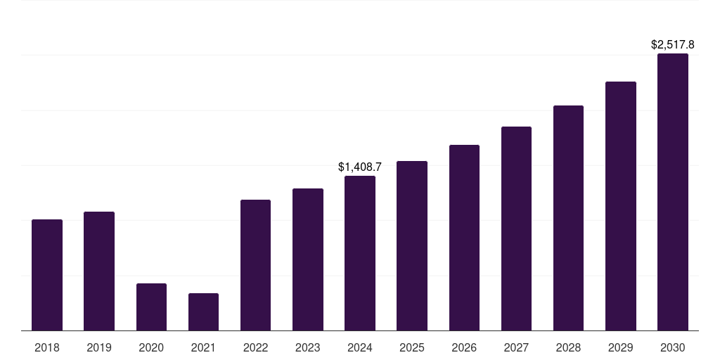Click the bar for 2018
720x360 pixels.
pyautogui.click(x=47, y=275)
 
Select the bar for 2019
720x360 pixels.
pyautogui.click(x=99, y=271)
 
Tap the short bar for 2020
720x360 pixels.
pyautogui.click(x=152, y=307)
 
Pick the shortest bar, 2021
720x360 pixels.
pyautogui.click(x=203, y=311)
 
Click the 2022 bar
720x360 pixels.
pyautogui.click(x=255, y=265)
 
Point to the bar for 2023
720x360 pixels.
pyautogui.click(x=308, y=259)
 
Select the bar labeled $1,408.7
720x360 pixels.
pyautogui.click(x=360, y=253)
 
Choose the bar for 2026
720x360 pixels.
pyautogui.click(x=464, y=238)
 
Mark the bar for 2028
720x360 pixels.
pyautogui.click(x=568, y=218)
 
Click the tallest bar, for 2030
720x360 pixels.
pyautogui.click(x=673, y=192)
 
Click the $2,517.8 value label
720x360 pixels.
pyautogui.click(x=673, y=44)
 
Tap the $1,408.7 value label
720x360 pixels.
pyautogui.click(x=360, y=167)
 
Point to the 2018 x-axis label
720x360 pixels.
pyautogui.click(x=47, y=347)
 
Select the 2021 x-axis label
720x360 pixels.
pyautogui.click(x=203, y=347)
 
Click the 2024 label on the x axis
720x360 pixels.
pyautogui.click(x=360, y=347)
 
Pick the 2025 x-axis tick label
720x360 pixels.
pyautogui.click(x=412, y=347)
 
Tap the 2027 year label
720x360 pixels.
pyautogui.click(x=516, y=347)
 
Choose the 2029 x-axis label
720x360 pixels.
pyautogui.click(x=621, y=347)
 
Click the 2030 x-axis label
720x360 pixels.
pyautogui.click(x=673, y=347)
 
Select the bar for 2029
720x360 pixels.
pyautogui.click(x=621, y=206)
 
